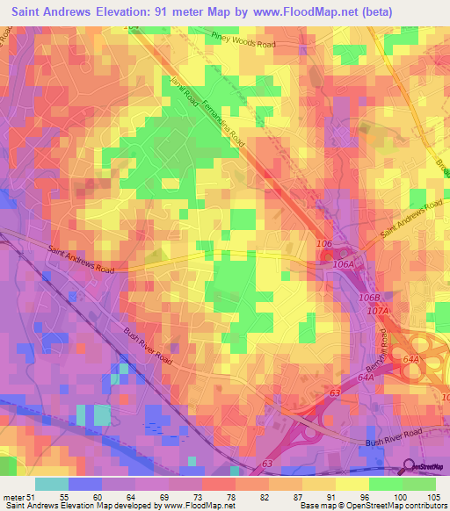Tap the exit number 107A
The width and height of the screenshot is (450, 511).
pos(378,310)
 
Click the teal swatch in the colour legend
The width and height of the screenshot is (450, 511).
pos(52,483)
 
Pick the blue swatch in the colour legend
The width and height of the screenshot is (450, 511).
pos(85,483)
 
